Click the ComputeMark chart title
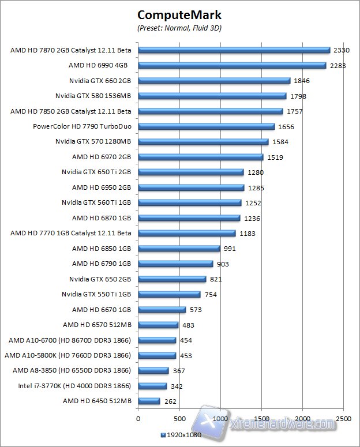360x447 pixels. [179, 15]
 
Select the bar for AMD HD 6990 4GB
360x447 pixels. [232, 65]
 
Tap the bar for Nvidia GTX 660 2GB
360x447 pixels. [214, 81]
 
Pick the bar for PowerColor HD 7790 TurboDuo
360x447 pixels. [207, 126]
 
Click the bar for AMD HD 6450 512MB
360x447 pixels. [149, 401]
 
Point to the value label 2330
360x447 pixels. [342, 50]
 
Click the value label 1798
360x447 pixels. [298, 96]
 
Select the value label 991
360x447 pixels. [230, 249]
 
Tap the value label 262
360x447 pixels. [170, 401]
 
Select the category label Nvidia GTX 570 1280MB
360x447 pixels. [93, 141]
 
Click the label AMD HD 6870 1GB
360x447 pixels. [102, 218]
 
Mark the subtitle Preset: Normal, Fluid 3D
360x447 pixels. [179, 28]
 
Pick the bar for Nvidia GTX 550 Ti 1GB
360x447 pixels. [169, 294]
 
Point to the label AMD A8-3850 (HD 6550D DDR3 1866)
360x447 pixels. [72, 370]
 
